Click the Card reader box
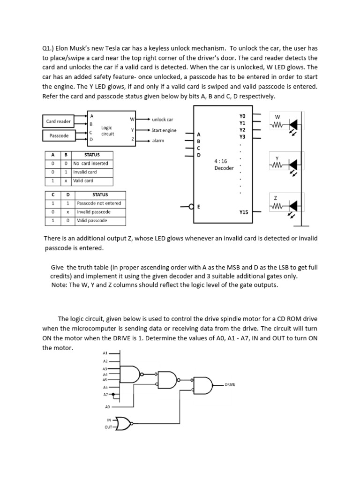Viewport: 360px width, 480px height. click(x=59, y=121)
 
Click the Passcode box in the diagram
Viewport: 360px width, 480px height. click(x=59, y=135)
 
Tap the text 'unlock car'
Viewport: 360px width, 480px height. click(x=162, y=120)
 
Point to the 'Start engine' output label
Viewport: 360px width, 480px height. click(x=164, y=130)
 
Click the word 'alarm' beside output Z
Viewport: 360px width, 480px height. click(x=158, y=140)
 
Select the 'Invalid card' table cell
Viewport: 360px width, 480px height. click(x=85, y=172)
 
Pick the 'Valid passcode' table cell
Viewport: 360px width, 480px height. click(x=92, y=220)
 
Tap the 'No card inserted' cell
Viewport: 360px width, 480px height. click(x=90, y=163)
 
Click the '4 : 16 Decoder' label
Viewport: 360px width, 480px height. click(x=224, y=164)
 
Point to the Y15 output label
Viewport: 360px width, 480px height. click(x=243, y=212)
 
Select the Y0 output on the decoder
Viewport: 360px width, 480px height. click(x=242, y=115)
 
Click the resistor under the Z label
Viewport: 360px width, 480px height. click(x=277, y=207)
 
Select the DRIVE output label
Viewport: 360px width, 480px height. click(x=230, y=384)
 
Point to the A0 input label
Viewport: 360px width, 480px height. click(x=107, y=407)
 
